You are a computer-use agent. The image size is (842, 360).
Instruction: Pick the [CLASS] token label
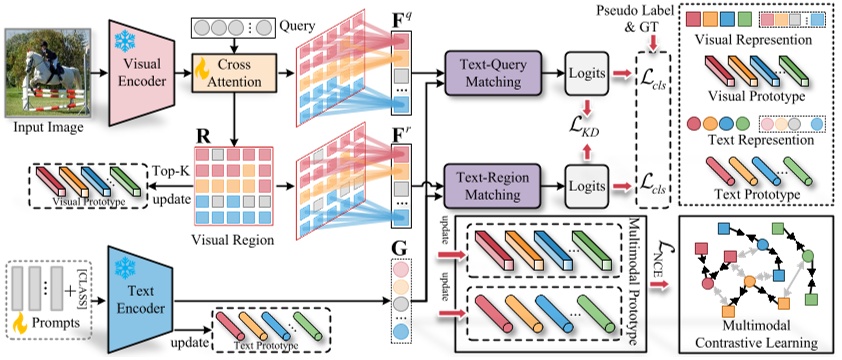point(84,284)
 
